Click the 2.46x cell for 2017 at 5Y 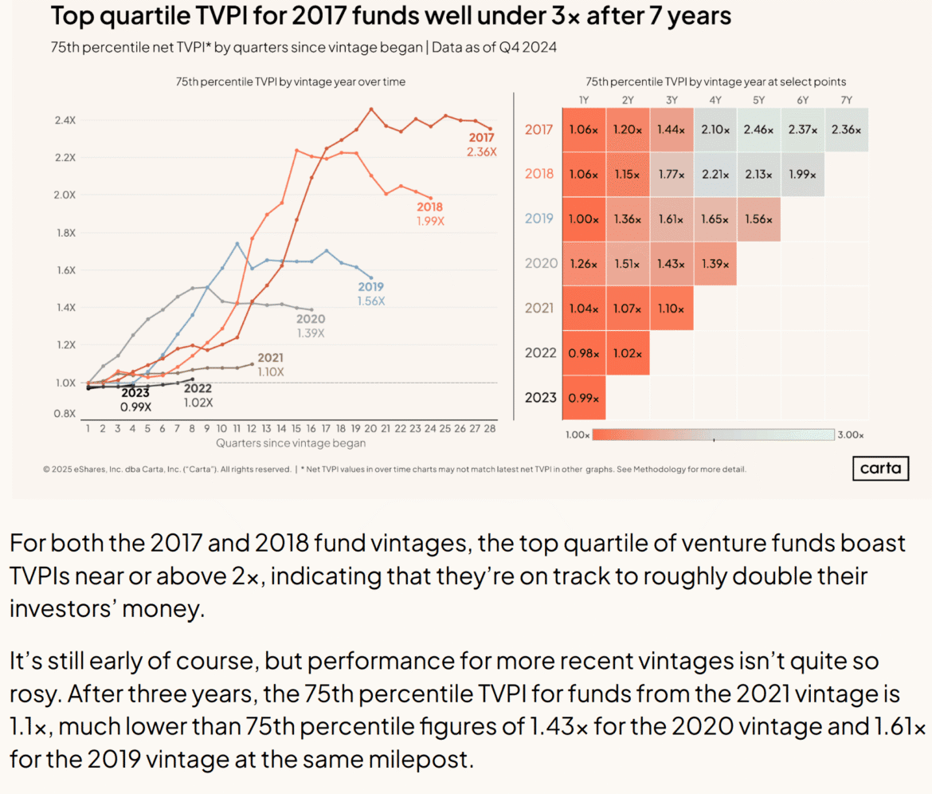tap(758, 130)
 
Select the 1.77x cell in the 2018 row tap(671, 174)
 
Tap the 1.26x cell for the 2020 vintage tap(583, 263)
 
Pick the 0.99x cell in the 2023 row tap(583, 397)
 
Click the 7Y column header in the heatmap tap(846, 100)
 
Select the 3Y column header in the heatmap tap(671, 100)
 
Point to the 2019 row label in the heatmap tap(539, 218)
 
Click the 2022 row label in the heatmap tap(539, 352)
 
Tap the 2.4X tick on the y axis tap(65, 120)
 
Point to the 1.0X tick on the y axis tap(65, 383)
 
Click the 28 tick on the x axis tap(490, 429)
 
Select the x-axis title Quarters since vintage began tap(291, 443)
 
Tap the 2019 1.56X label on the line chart tap(370, 294)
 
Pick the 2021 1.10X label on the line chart tap(270, 365)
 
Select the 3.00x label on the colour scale tap(851, 435)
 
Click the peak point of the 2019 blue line tap(237, 244)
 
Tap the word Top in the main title tap(72, 16)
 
